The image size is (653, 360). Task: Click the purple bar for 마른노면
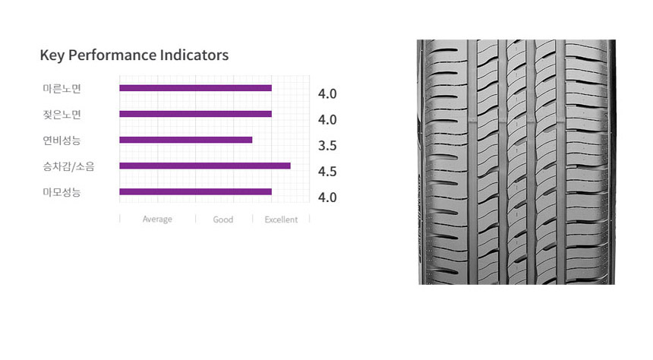195,88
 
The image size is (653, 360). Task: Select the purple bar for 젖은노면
195,114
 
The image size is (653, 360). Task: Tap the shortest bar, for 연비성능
186,140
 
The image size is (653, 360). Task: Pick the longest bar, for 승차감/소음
205,166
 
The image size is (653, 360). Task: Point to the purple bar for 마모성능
195,191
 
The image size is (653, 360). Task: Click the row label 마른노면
62,88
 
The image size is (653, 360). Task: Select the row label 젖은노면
62,114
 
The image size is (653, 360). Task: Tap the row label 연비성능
62,140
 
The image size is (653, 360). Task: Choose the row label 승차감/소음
68,166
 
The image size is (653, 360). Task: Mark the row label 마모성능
62,192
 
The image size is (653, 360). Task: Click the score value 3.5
327,145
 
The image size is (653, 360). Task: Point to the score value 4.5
327,171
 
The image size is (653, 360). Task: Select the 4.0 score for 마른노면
327,93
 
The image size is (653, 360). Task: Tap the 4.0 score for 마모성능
327,197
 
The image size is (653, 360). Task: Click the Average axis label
157,219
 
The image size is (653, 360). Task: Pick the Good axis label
222,219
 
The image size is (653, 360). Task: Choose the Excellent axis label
281,219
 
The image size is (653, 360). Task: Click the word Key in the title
52,55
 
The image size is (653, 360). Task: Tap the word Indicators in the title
194,55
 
